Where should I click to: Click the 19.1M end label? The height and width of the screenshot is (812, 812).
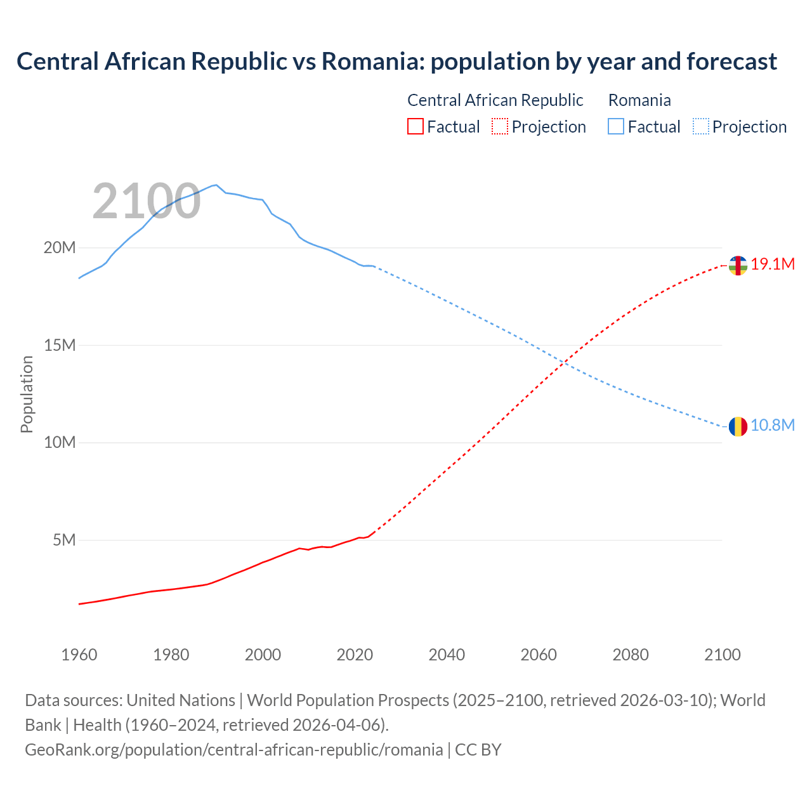point(773,265)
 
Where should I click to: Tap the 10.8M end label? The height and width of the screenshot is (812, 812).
point(773,426)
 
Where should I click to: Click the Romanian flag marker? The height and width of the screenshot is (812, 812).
point(738,426)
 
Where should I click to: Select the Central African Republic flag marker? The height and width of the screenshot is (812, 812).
point(738,265)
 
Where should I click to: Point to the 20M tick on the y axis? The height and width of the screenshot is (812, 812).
point(60,247)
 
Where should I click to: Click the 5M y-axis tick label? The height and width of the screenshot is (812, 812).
point(64,540)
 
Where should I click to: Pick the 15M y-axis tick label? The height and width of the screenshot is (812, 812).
point(60,345)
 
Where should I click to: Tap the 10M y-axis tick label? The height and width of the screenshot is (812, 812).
point(60,442)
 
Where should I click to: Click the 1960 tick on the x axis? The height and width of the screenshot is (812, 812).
point(79,655)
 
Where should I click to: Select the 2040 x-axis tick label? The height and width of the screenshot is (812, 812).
point(447,655)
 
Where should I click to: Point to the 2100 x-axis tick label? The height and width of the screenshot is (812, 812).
point(722,655)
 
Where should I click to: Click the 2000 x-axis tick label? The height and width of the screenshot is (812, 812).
point(263,655)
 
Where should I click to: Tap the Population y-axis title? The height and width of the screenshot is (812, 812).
point(27,394)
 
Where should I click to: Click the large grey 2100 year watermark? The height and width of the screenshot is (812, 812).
point(147,202)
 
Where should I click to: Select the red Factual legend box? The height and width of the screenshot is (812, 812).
point(415,126)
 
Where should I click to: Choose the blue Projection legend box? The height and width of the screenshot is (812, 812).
point(701,126)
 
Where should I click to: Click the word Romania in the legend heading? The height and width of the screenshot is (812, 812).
point(639,100)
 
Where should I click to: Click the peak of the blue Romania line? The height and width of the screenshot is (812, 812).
point(216,185)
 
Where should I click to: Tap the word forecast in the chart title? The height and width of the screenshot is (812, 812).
point(731,62)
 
